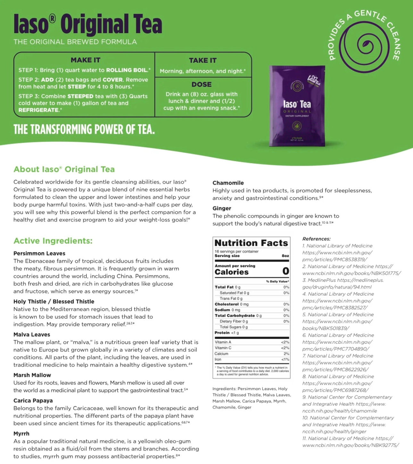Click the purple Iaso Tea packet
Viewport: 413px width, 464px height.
click(297, 106)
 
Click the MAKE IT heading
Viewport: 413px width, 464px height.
click(86, 60)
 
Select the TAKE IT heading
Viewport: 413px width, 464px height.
click(203, 60)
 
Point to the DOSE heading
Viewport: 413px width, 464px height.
click(202, 84)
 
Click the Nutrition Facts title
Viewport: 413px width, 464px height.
click(251, 243)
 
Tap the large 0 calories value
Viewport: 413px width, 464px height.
click(286, 271)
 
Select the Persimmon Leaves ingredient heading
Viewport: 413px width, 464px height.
click(39, 253)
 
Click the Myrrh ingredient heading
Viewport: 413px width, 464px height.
click(21, 434)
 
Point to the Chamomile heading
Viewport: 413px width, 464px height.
click(228, 183)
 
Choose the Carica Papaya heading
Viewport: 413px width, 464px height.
click(33, 400)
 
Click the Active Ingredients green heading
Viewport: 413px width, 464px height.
click(53, 241)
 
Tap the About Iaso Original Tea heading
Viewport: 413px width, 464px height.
click(64, 169)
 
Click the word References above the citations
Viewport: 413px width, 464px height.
click(316, 239)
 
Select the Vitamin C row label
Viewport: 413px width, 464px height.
click(223, 348)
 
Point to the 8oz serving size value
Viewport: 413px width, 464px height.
click(285, 256)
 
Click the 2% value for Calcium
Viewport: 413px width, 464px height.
click(286, 354)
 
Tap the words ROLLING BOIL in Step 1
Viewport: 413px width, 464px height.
click(127, 70)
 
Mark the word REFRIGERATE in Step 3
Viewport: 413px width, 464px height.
click(39, 110)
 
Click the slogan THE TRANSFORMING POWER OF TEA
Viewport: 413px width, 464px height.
click(84, 129)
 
